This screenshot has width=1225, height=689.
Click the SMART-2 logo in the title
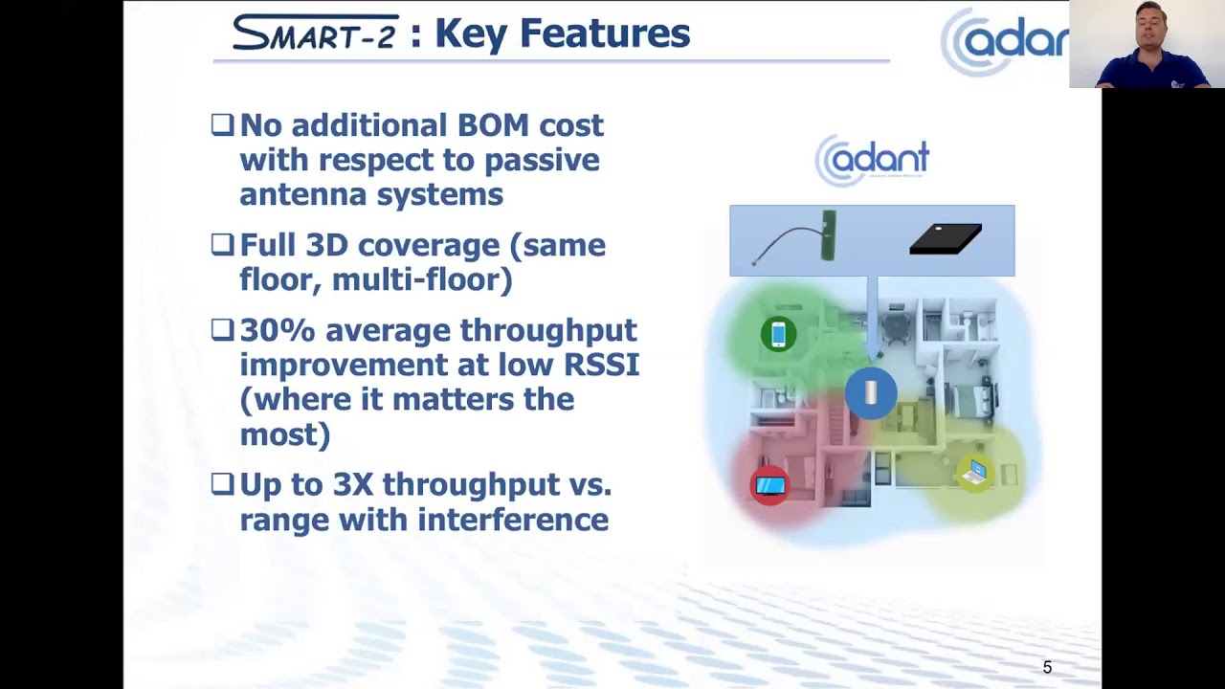(315, 33)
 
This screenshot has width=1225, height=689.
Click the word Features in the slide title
(604, 33)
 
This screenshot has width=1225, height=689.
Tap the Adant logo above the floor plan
(872, 159)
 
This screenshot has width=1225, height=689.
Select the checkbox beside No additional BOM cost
(222, 124)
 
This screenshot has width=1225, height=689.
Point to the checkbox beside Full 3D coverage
(222, 244)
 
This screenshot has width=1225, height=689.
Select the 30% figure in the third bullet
(278, 330)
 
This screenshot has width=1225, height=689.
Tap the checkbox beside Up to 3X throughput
(222, 484)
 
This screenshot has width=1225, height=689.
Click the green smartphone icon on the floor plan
(778, 334)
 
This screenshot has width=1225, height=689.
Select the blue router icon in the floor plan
(871, 392)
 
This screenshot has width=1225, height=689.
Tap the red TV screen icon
(770, 485)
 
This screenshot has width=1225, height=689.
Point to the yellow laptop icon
(975, 472)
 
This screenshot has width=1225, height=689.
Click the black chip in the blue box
(946, 238)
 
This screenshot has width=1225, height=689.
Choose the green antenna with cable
(827, 236)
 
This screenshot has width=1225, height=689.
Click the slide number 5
(1047, 667)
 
